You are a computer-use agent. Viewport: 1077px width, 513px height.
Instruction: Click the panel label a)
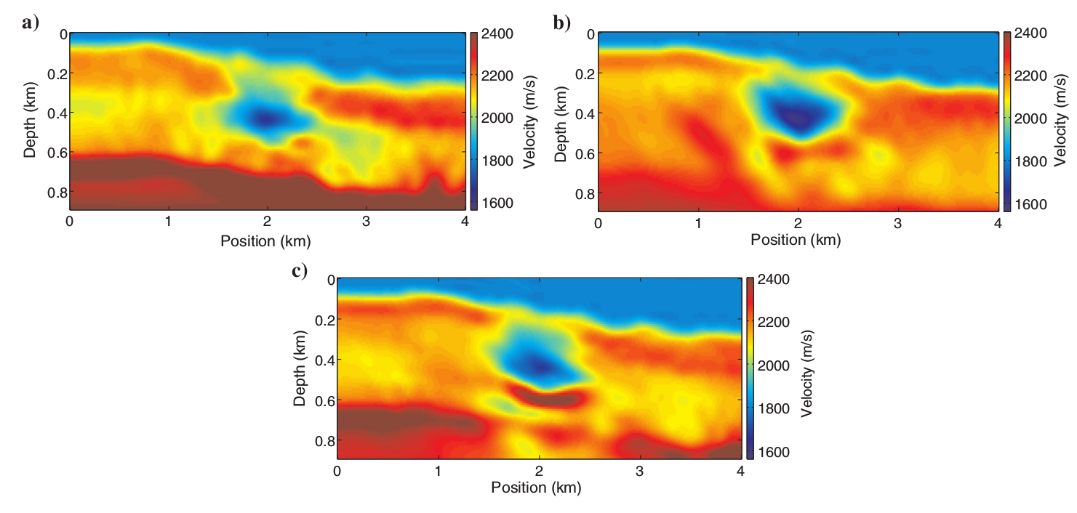tap(30, 23)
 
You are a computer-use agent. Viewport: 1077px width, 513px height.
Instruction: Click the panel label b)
tap(561, 23)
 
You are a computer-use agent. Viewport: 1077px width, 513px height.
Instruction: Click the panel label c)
tap(298, 271)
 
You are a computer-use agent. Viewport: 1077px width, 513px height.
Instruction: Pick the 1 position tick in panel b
tap(698, 223)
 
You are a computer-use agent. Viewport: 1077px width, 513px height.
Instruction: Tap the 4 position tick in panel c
tap(740, 471)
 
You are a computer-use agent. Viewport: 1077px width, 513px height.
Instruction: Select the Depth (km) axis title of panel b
tap(560, 121)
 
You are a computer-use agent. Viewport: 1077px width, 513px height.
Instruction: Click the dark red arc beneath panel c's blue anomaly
tap(553, 397)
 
